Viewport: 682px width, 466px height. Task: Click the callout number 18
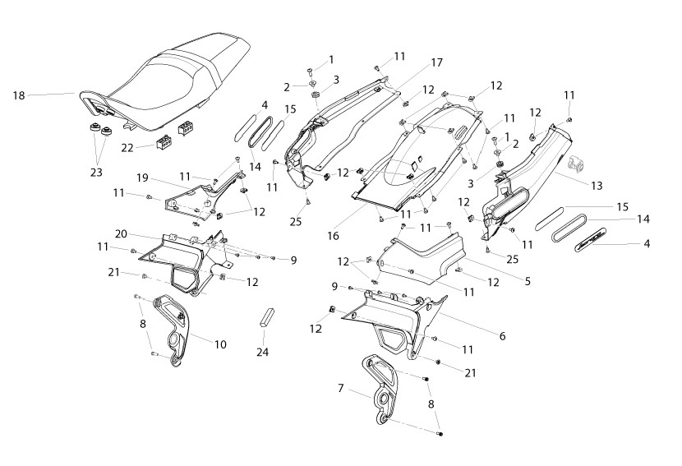(x=19, y=95)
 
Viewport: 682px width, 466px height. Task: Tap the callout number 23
(x=96, y=173)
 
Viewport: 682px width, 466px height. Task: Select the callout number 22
(x=127, y=148)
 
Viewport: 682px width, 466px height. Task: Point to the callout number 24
(x=262, y=352)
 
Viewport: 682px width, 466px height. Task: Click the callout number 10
(x=220, y=344)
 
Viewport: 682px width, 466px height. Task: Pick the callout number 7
(x=340, y=387)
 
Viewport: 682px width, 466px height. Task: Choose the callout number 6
(x=502, y=336)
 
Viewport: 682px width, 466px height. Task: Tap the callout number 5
(x=528, y=282)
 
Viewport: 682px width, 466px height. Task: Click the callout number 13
(x=597, y=186)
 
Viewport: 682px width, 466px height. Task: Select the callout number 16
(x=333, y=236)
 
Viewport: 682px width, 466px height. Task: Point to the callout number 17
(x=436, y=62)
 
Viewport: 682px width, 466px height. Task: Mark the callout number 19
(x=142, y=178)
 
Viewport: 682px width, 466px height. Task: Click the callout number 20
(x=121, y=234)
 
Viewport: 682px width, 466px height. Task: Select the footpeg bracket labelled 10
(x=173, y=331)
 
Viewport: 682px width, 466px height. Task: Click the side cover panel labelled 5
(x=424, y=259)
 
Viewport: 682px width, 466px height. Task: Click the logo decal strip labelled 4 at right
(x=589, y=240)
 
